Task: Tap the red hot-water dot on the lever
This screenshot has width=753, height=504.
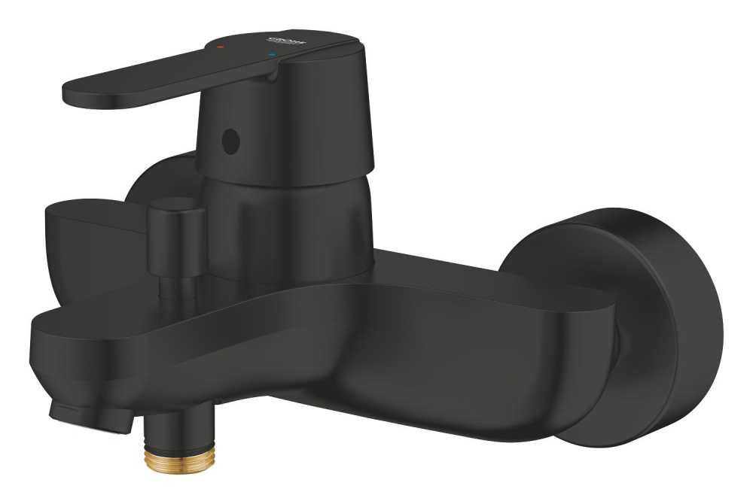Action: coord(220,47)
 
